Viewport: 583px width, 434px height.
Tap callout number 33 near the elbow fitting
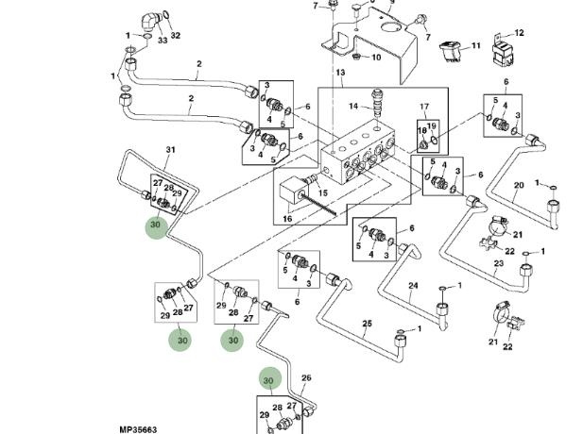tap(162, 41)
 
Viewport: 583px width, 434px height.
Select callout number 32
tap(175, 36)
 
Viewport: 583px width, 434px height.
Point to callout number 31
tap(171, 150)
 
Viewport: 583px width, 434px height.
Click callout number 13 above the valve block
tap(340, 73)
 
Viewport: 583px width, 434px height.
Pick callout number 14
tap(353, 106)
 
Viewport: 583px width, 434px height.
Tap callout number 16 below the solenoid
tap(287, 218)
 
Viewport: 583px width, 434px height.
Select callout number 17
tap(424, 107)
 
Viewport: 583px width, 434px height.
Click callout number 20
tap(518, 185)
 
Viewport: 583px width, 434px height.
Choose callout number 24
tap(413, 285)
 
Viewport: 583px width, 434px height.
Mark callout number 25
tap(367, 324)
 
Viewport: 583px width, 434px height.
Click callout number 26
tap(305, 378)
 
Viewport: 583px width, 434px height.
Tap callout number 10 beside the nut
tap(375, 57)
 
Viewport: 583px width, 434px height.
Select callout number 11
tap(475, 45)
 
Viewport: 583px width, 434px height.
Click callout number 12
tap(519, 33)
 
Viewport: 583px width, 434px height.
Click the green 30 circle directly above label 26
tap(271, 379)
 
